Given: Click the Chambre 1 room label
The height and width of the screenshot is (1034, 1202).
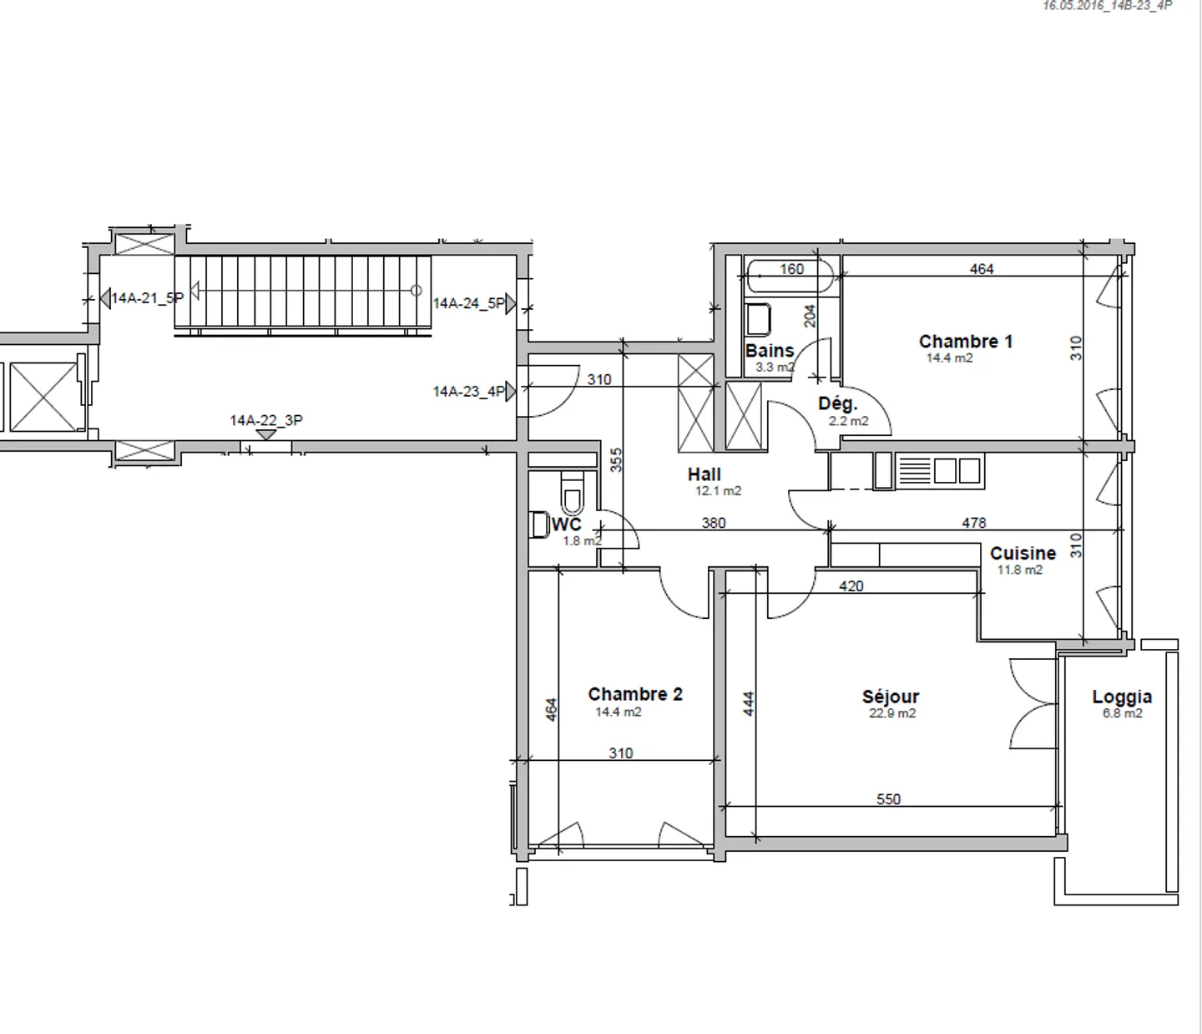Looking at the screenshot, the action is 965,341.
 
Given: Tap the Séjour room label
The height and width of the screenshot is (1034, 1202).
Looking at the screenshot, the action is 891,697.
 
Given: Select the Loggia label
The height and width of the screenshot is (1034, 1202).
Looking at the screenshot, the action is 1122,697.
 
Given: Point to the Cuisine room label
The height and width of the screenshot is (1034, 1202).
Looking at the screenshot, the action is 1023,553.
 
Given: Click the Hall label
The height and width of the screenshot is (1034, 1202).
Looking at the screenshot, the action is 705,474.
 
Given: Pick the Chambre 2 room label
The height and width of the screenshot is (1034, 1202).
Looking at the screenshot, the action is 635,693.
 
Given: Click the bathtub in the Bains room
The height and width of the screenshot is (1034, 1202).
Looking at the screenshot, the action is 790,276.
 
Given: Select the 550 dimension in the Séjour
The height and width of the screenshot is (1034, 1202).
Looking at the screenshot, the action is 888,799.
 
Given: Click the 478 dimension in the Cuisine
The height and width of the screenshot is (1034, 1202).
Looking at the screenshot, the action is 974,523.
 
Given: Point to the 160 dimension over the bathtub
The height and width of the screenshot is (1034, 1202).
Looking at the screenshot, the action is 791,269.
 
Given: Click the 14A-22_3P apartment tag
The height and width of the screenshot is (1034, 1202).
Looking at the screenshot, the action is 266,420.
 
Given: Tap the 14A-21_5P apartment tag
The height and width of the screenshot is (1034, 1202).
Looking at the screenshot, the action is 147,298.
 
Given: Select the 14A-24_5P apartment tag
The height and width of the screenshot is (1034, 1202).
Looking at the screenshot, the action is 469,303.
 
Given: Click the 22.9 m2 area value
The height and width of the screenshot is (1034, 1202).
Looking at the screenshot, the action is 892,712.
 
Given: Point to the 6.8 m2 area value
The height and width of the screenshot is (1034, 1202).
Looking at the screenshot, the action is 1123,712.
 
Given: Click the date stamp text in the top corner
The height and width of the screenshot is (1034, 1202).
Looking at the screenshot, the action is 1107,6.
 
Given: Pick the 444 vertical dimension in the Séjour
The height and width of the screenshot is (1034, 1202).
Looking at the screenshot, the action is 749,703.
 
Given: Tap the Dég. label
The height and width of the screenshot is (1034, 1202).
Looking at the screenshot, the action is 838,403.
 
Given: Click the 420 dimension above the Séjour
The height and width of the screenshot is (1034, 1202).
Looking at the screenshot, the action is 851,586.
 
